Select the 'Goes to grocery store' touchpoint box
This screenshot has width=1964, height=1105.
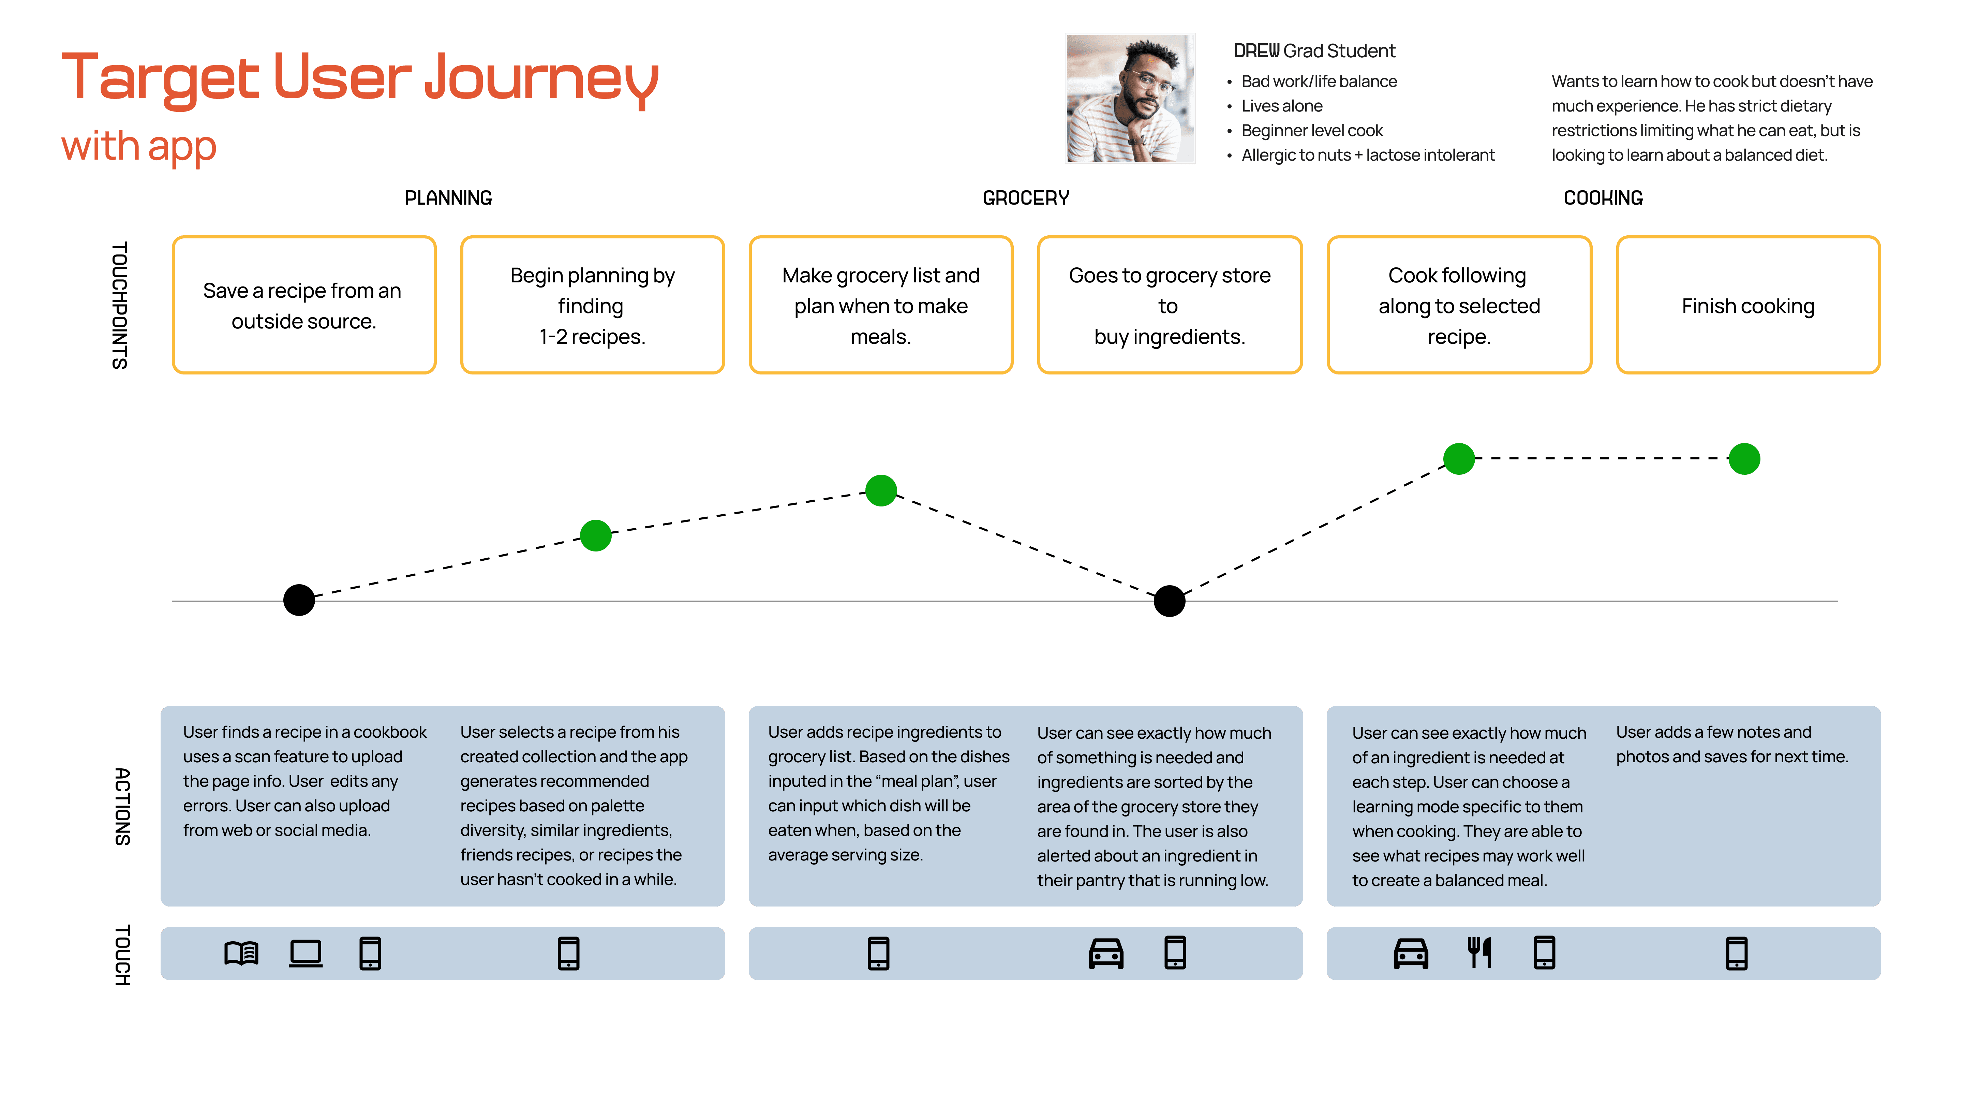tap(1170, 305)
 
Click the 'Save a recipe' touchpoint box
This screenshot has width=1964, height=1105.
tap(303, 305)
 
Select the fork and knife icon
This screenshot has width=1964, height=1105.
tap(1479, 953)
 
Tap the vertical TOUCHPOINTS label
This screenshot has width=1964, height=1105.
tap(120, 305)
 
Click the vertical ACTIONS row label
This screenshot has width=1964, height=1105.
tap(122, 806)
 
